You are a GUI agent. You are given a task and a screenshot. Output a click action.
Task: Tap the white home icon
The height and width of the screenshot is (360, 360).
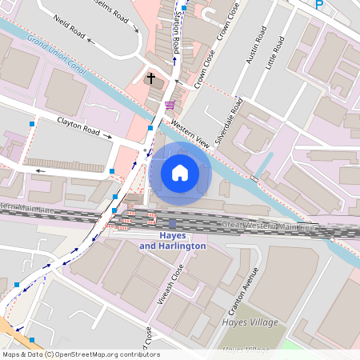tap(180, 173)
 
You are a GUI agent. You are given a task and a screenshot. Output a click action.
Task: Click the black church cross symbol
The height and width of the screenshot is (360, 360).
tap(150, 79)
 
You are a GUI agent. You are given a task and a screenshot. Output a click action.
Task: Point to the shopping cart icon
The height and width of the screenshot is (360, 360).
tap(169, 105)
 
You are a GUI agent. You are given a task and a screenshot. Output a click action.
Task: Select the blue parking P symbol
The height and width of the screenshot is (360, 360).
tap(319, 4)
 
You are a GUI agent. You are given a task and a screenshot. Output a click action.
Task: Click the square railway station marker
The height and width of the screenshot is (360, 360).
tap(173, 223)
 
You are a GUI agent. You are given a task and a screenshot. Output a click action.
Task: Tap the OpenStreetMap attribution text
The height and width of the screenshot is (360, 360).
tap(81, 354)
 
